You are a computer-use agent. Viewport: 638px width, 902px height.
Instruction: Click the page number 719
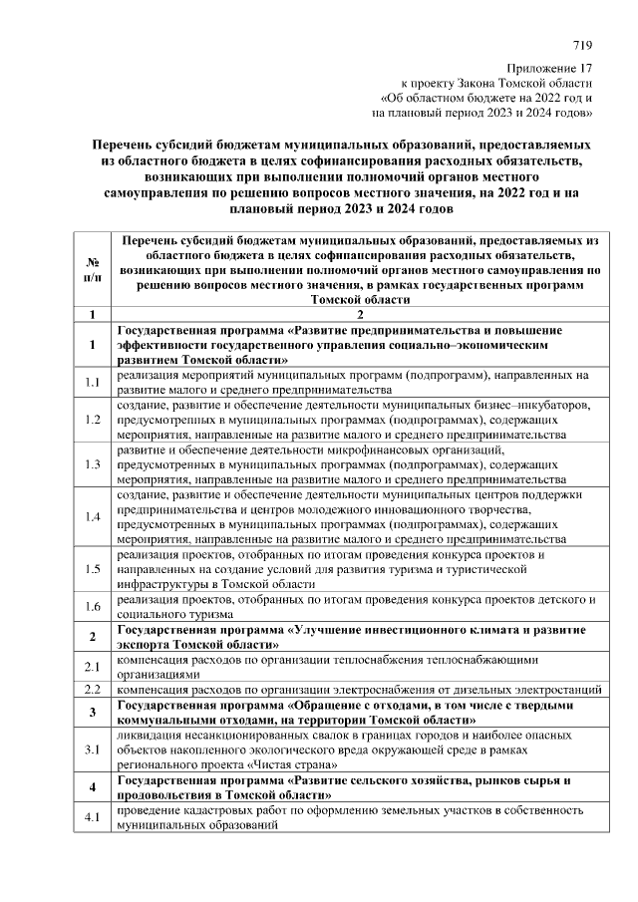point(584,45)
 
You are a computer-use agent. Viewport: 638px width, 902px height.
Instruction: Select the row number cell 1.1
point(92,382)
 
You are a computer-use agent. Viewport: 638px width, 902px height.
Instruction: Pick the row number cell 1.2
point(92,420)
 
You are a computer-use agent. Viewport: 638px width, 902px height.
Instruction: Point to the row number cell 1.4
point(92,517)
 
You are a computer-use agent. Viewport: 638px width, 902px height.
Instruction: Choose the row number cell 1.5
point(92,569)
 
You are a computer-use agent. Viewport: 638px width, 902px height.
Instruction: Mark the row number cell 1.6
point(92,606)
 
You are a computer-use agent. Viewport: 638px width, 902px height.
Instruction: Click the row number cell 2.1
point(92,666)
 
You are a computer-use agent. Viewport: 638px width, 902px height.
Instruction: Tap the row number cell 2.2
point(92,689)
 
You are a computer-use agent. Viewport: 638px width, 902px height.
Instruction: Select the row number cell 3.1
point(92,748)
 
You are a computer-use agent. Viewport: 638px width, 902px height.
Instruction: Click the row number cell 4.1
point(92,819)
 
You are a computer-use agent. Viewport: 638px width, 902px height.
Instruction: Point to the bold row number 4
point(92,787)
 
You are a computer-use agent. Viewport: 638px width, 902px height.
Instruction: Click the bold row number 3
point(92,712)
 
